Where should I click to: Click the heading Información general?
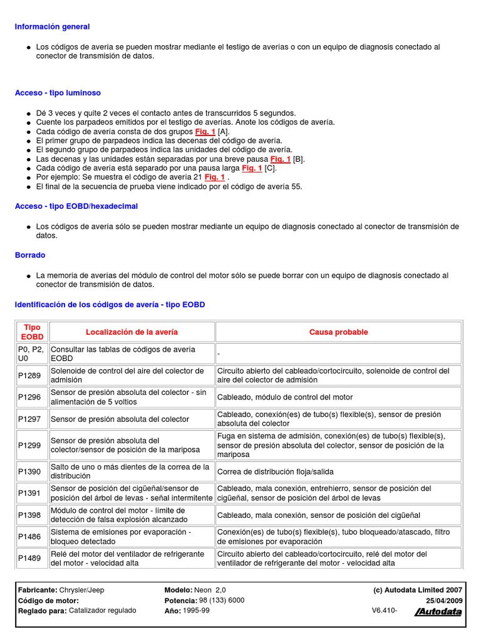53,27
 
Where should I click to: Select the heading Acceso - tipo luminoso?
58,93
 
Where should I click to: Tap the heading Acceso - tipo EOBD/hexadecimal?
76,206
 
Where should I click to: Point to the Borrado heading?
30,255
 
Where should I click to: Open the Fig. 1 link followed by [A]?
205,132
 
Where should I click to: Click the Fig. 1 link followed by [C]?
252,168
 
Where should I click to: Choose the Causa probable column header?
338,332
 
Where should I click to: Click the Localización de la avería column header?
132,332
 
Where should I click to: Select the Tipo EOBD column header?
32,332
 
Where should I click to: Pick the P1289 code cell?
29,376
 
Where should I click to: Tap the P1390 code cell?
29,471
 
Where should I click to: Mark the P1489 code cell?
29,559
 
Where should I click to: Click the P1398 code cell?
29,515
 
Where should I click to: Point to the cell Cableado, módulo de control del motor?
285,397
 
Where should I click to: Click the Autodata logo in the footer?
438,612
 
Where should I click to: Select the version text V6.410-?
385,610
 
